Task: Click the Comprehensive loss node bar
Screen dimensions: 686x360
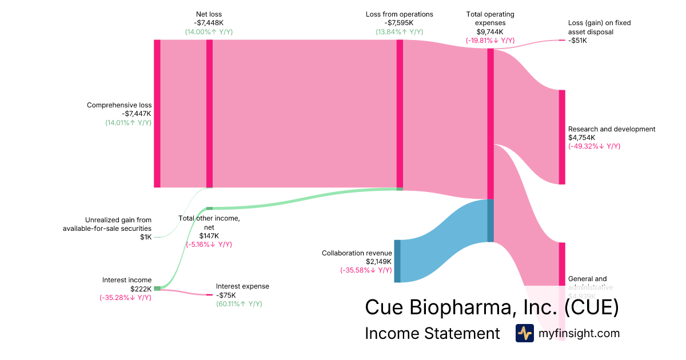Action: pos(157,113)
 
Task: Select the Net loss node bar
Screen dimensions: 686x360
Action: pos(209,113)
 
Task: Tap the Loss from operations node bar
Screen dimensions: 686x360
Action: pos(400,113)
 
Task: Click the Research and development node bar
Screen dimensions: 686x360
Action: pos(562,137)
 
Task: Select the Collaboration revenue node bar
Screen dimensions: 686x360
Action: pos(397,261)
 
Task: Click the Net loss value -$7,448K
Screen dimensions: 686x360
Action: pos(209,23)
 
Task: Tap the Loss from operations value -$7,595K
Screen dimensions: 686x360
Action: pos(400,23)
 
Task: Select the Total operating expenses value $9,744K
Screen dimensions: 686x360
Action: pos(490,32)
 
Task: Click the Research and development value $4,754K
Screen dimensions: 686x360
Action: pos(582,138)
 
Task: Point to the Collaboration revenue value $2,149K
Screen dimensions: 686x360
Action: pos(379,262)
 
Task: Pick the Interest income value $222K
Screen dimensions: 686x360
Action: pos(141,289)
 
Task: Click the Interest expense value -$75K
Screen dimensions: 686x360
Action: pos(226,295)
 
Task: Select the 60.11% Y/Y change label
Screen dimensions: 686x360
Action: pos(239,304)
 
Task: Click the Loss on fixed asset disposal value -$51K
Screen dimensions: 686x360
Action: pos(577,41)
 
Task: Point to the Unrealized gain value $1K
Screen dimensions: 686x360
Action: pos(146,237)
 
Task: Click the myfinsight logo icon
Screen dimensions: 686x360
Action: pos(524,333)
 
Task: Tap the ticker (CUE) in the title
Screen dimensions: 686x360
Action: pos(591,307)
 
